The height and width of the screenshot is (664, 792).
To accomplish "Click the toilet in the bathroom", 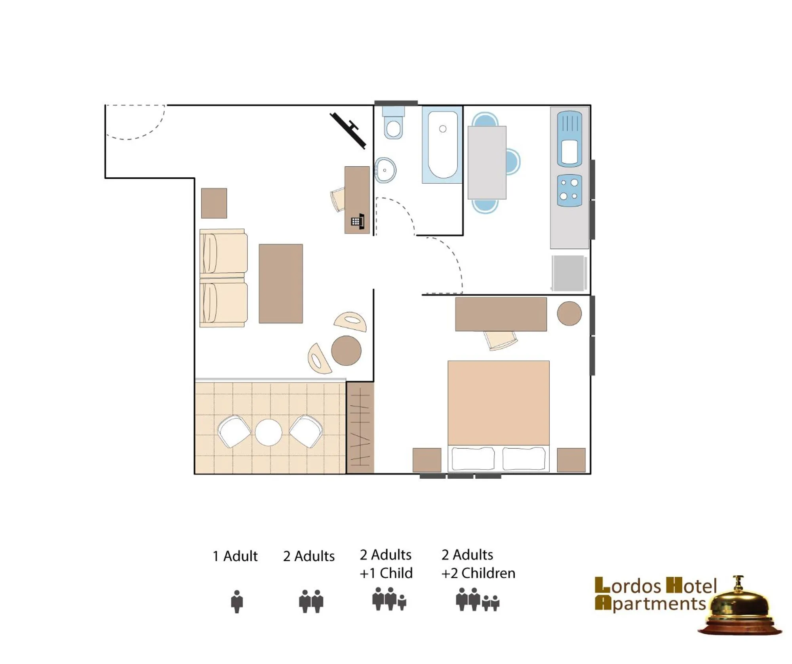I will tap(393, 123).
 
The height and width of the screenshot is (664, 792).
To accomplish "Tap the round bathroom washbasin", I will tap(385, 170).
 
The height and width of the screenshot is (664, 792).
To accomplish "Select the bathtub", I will tap(442, 145).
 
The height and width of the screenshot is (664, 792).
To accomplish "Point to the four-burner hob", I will tap(569, 190).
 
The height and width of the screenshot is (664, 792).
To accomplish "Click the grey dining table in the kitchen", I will tap(487, 162).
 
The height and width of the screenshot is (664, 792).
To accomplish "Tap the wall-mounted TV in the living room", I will tap(348, 130).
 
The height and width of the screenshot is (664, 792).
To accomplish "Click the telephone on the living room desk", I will tap(358, 221).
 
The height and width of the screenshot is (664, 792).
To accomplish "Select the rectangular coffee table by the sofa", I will tap(281, 283).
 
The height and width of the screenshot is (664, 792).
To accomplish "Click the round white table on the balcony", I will tap(268, 432).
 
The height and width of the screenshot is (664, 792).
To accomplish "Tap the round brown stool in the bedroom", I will tap(569, 314).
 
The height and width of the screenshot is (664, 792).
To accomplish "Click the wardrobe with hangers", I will tap(360, 428).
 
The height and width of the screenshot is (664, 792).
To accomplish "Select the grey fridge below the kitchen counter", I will tap(569, 273).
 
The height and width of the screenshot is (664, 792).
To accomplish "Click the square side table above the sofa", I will tap(214, 203).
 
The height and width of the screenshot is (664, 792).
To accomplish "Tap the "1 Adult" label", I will tap(235, 556).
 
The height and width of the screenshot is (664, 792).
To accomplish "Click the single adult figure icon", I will tap(237, 601).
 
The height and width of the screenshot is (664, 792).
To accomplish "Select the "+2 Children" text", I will tap(478, 573).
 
